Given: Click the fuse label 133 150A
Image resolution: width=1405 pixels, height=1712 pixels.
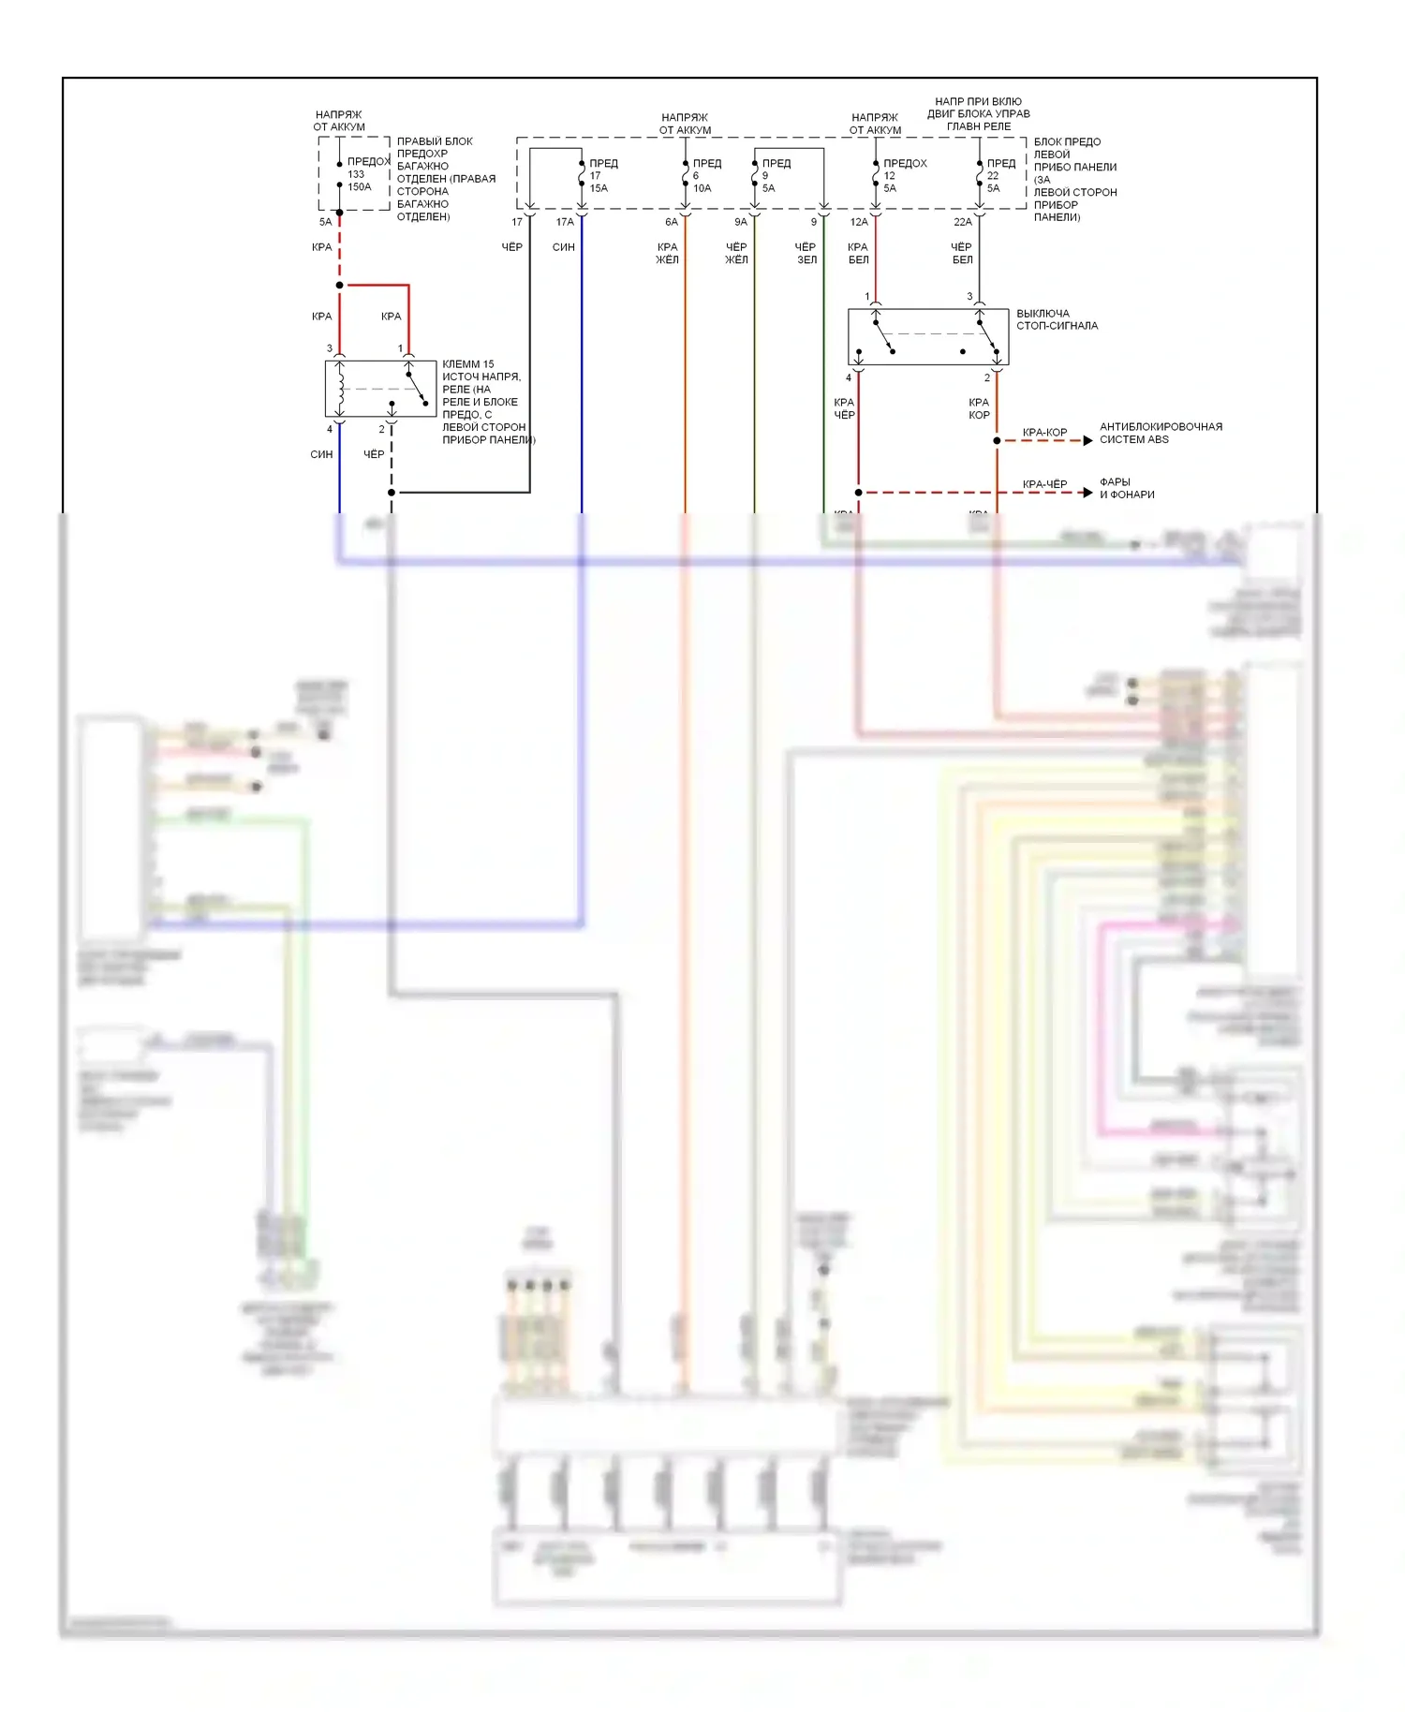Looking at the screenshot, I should point(359,180).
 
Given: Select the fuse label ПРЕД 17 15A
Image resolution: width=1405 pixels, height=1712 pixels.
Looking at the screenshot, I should point(601,175).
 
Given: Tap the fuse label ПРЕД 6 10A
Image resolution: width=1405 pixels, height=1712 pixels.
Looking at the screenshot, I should point(705,175).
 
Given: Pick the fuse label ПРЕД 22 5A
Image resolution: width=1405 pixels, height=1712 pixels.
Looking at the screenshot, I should point(999,175).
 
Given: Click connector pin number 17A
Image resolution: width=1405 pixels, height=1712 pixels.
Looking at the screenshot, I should point(565,222).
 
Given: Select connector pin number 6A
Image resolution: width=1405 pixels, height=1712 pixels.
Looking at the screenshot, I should point(672,222).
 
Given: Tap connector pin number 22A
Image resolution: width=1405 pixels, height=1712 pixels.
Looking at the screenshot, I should point(963,222).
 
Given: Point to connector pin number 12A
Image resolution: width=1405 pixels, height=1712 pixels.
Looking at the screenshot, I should point(859,222).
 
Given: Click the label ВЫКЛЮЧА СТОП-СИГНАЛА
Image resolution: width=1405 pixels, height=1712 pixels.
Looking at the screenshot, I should point(1057,319).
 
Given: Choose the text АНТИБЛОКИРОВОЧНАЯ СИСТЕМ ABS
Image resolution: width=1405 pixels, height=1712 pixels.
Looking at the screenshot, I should point(1160,433).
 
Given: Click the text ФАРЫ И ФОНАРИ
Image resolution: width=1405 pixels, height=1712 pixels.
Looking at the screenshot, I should point(1126,488).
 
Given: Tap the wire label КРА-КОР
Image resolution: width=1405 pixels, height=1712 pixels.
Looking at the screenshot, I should point(1044,433).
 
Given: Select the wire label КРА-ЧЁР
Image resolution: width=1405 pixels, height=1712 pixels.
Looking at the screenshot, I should point(1044,484).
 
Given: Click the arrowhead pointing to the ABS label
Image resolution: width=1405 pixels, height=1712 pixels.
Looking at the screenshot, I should point(1087,440).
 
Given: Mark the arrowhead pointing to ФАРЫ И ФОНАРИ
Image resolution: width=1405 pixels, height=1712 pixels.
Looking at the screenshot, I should point(1087,493).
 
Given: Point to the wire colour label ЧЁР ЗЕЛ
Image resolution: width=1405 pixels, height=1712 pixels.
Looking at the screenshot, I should point(806,253).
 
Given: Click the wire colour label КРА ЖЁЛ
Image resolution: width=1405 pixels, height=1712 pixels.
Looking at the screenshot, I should point(667,253).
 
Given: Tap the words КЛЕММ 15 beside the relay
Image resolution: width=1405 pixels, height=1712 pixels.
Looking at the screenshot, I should point(467,364).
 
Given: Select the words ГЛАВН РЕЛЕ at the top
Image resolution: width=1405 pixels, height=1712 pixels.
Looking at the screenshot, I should point(978,126).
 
